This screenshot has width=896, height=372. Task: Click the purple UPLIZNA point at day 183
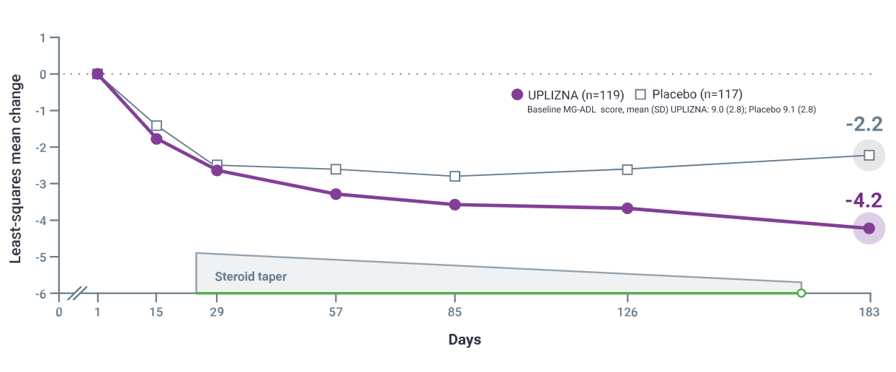[869, 229]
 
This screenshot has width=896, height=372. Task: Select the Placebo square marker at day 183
[869, 155]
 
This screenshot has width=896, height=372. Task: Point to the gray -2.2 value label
[864, 124]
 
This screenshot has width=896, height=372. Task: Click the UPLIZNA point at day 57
[336, 194]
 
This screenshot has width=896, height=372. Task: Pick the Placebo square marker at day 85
[454, 177]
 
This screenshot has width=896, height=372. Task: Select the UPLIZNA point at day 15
[156, 138]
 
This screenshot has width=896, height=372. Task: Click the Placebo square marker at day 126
[627, 169]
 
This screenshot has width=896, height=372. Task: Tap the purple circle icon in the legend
[516, 94]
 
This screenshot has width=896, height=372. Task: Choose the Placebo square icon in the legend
[640, 94]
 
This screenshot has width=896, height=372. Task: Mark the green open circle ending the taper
[801, 293]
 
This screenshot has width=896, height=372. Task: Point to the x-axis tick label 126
[627, 312]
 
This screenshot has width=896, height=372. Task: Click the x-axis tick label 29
[216, 312]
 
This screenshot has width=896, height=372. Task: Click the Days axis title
[465, 340]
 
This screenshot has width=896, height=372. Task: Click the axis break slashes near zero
[78, 293]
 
